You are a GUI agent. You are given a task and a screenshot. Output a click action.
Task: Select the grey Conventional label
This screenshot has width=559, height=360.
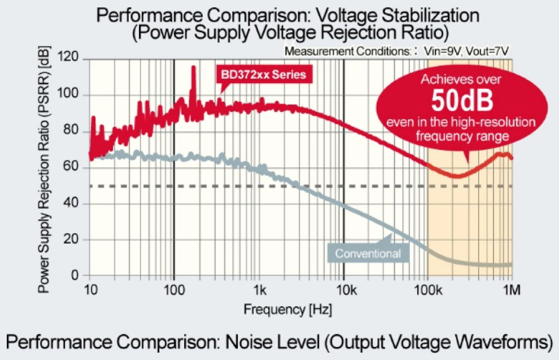(368, 253)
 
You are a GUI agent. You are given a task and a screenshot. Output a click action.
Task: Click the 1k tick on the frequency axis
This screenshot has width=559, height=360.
(259, 290)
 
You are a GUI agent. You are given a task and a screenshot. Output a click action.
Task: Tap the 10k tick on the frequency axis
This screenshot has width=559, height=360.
(344, 290)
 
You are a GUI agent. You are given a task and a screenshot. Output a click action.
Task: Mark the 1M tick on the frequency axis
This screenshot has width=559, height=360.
(512, 290)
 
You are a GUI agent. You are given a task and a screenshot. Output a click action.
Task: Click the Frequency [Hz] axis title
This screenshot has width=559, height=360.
(288, 310)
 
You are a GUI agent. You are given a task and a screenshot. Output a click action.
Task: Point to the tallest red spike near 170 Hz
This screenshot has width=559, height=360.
(194, 68)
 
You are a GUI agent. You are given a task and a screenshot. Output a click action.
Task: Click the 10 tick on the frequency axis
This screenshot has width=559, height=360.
(89, 290)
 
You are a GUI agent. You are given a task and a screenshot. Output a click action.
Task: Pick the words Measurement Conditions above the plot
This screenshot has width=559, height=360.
(347, 51)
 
